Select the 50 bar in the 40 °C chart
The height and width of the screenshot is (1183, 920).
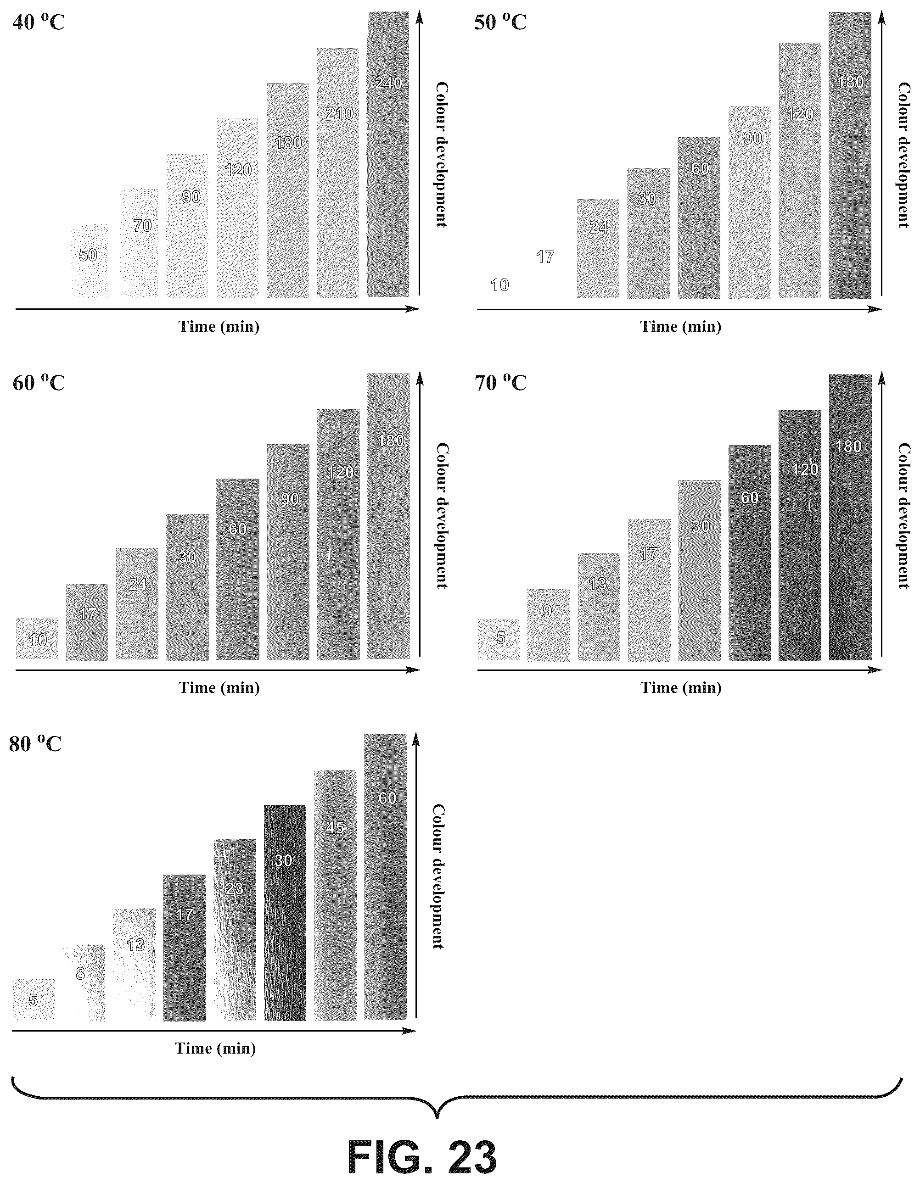[90, 261]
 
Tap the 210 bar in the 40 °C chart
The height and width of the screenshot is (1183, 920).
[338, 173]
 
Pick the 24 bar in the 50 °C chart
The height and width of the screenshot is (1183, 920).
[598, 249]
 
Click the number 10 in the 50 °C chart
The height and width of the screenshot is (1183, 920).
[499, 285]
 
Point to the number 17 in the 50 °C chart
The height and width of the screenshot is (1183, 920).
[545, 257]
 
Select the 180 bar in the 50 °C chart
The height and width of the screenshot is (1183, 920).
[850, 156]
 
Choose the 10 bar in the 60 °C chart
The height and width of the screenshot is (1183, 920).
[37, 639]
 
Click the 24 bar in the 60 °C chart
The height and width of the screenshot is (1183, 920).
[137, 604]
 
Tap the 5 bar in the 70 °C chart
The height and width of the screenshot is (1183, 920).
[499, 640]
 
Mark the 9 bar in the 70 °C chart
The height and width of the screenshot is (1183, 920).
[548, 625]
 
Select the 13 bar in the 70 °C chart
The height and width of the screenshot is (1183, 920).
[599, 607]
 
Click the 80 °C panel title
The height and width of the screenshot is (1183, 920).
[35, 744]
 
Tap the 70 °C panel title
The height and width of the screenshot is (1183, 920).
[501, 382]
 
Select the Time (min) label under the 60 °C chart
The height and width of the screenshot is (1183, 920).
[219, 688]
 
